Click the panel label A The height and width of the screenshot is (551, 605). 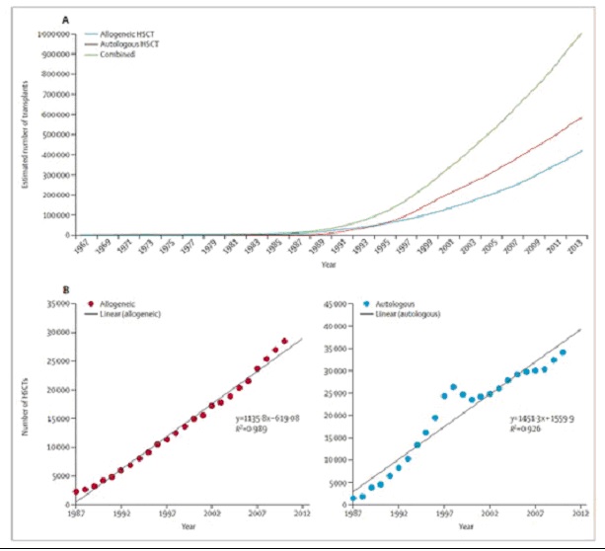(66, 18)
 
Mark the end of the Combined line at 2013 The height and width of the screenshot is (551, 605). (581, 34)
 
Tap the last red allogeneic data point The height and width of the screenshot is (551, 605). (284, 341)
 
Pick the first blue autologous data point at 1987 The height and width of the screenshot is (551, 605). (353, 497)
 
